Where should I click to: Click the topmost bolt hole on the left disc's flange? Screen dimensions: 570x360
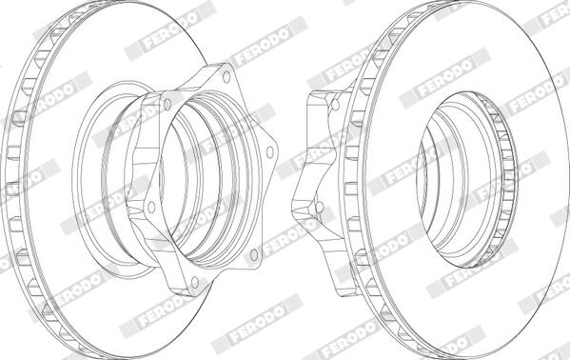[226, 77]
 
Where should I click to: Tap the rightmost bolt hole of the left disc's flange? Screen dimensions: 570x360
[269, 151]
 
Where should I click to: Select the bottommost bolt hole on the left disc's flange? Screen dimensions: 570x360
[195, 282]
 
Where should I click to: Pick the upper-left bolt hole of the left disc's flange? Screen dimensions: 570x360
[167, 105]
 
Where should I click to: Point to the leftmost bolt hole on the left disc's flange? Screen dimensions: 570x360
[151, 207]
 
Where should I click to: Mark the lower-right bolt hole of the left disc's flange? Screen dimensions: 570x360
[254, 254]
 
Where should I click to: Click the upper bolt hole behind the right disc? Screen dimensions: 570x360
[336, 105]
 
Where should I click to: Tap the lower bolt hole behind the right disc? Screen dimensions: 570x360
[319, 207]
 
